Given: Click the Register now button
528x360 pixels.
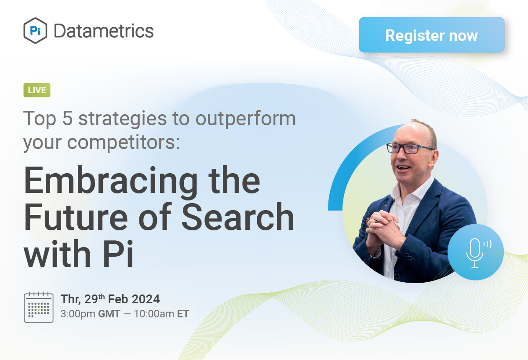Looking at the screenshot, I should coord(431,35).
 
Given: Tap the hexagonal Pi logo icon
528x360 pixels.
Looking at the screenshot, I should coord(35,31).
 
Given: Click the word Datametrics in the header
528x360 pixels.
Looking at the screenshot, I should coord(103,31).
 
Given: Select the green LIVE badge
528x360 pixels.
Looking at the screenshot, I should coord(37,90).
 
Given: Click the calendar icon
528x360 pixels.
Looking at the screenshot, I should coord(39,307).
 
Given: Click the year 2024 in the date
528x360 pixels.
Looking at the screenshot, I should coord(145,300).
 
